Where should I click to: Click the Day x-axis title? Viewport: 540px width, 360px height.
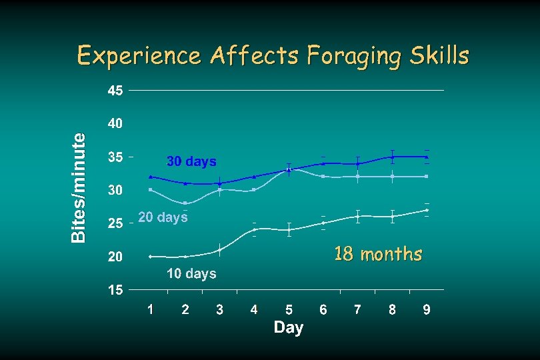[x=288, y=327]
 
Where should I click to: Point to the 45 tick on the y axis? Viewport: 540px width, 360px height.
[x=115, y=91]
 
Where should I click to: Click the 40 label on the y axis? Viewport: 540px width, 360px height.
[x=115, y=124]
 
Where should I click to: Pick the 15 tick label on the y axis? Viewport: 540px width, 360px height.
[x=115, y=290]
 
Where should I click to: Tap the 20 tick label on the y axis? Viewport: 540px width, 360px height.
[x=115, y=257]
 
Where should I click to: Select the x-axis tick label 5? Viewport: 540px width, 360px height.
[x=289, y=309]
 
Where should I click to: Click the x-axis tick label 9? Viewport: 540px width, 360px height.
[x=427, y=309]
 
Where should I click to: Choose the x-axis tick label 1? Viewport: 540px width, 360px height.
[x=151, y=309]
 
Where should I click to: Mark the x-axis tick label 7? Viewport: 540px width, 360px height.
[x=358, y=309]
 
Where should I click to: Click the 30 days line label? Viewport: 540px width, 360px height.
[x=191, y=162]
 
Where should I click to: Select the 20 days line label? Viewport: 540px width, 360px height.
[x=163, y=217]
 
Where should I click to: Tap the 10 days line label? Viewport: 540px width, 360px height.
[x=191, y=274]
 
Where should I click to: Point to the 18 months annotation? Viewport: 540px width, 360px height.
[x=378, y=254]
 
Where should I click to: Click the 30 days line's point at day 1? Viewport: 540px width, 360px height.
[x=151, y=177]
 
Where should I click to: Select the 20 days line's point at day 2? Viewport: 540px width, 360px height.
[x=185, y=203]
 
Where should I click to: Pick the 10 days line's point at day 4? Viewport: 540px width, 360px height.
[x=254, y=229]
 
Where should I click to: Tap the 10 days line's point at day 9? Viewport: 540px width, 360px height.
[x=427, y=210]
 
